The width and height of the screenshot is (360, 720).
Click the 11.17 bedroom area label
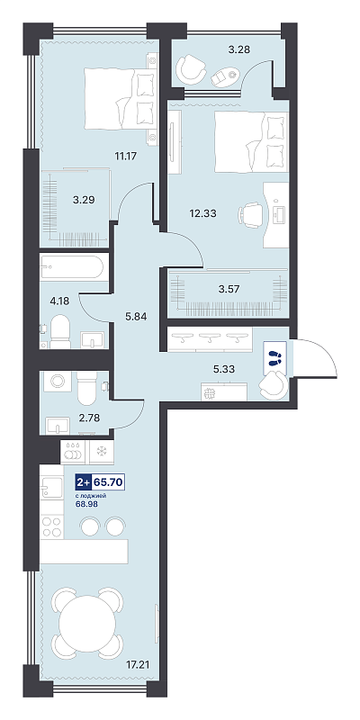point(127,156)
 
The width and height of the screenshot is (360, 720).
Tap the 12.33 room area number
point(203,213)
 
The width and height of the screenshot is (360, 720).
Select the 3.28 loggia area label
point(239,49)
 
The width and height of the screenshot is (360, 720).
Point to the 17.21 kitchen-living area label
point(139,664)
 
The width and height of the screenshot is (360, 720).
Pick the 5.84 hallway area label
point(136,316)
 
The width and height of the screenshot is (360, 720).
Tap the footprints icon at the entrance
point(275,355)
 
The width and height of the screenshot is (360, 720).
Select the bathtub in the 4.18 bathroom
point(73,266)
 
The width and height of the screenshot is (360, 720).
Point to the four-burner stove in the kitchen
point(51,526)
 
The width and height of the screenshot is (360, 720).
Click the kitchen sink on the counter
point(51,488)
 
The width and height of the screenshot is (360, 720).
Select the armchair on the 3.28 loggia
point(190,68)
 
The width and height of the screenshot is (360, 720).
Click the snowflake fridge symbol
point(102,452)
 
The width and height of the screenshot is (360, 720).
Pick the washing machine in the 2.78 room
point(58,381)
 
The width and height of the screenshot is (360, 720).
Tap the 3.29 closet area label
point(85,200)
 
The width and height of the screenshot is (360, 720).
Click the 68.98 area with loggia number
point(86,504)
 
